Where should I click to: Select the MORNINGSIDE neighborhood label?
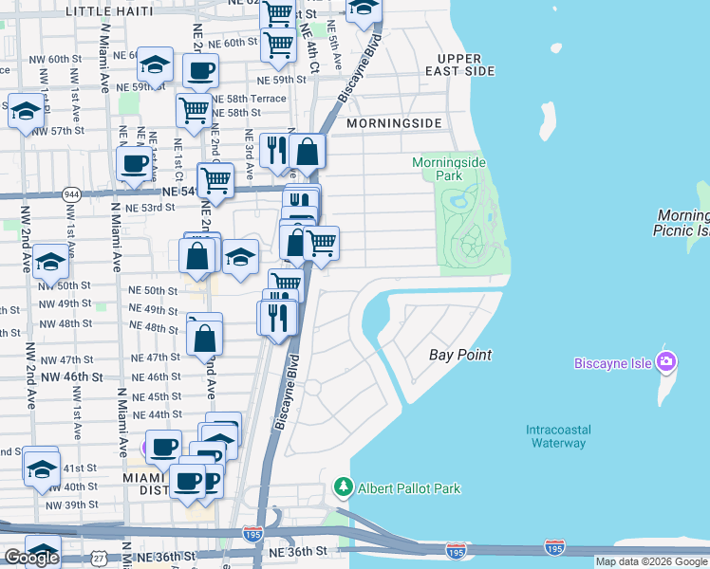(x=394, y=124)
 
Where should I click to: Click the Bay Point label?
(x=460, y=355)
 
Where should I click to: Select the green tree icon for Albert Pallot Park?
(x=344, y=488)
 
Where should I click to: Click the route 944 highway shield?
(x=71, y=194)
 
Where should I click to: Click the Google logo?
(x=31, y=557)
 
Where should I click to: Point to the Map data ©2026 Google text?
(x=651, y=561)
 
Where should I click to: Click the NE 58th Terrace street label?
(x=249, y=99)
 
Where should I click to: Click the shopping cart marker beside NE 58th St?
(x=194, y=109)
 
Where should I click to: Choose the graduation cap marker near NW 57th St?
(x=26, y=109)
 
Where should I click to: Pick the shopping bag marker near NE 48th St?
(x=205, y=335)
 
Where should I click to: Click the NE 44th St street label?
(x=157, y=414)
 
